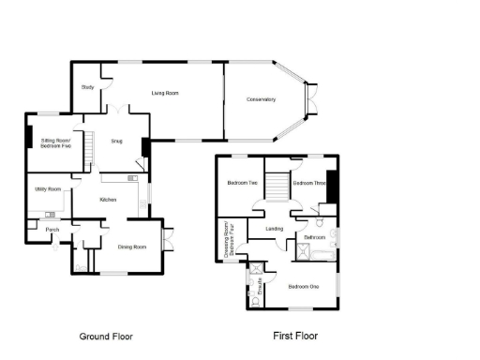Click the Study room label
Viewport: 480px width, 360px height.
pos(88,87)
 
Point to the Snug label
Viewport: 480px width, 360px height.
pos(117,142)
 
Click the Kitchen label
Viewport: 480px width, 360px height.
pos(108,200)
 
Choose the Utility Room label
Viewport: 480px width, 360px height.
pos(48,189)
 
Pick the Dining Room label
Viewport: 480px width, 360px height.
pos(132,247)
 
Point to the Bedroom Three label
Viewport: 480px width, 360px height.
pos(308,184)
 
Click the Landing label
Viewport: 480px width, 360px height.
pos(275,228)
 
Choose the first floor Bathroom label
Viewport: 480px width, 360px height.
pos(313,237)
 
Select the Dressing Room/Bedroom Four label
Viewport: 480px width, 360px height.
pos(229,239)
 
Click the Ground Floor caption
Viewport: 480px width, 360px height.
pos(106,336)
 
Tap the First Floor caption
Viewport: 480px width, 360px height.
pos(296,336)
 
